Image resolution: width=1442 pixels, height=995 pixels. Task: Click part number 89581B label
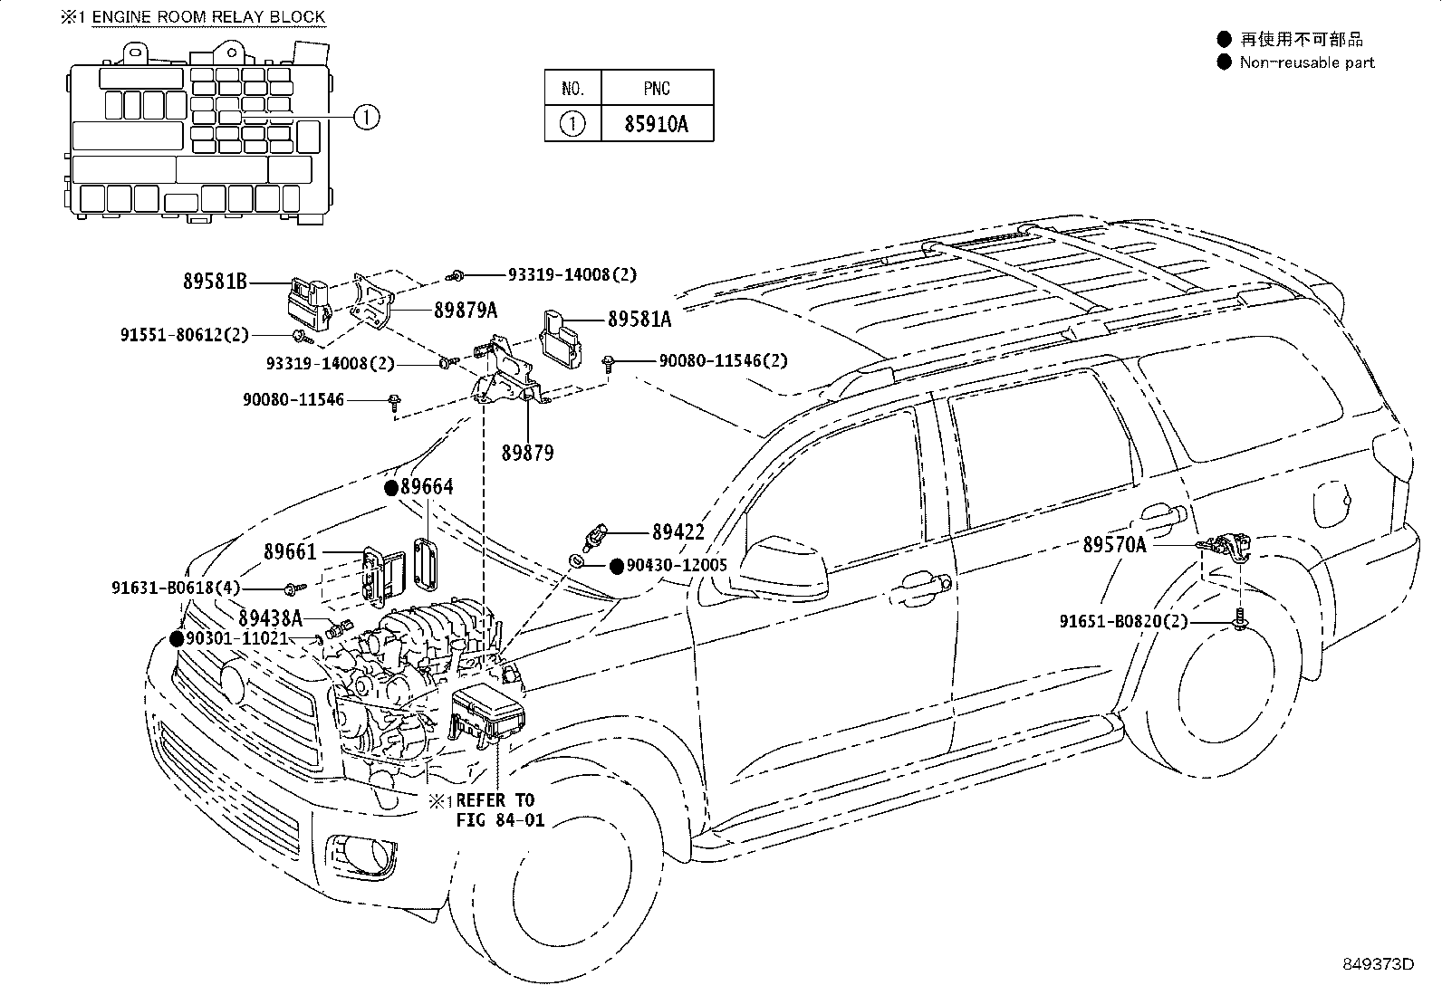[x=215, y=282]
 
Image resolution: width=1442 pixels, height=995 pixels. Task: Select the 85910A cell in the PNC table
[x=656, y=124]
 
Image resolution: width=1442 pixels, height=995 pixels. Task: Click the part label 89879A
[x=466, y=310]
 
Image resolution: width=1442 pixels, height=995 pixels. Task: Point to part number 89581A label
[x=639, y=319]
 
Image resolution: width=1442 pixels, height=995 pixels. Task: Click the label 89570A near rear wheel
[x=1114, y=544]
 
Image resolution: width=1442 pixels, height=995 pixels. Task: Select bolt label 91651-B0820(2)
[x=1123, y=621]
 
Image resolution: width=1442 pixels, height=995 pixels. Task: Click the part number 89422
[x=678, y=532]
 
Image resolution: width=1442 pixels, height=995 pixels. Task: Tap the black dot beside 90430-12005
[x=616, y=566]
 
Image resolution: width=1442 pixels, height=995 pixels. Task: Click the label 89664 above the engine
[x=427, y=487]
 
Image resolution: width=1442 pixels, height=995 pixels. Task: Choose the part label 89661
[x=290, y=551]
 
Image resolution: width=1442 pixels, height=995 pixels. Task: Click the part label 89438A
[x=271, y=618]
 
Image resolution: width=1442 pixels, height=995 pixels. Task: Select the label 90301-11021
[x=236, y=638]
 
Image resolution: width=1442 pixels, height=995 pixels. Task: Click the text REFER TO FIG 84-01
[x=495, y=810]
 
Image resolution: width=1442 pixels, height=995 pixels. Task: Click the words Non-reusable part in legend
[x=1306, y=62]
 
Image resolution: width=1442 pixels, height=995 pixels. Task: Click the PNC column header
[x=657, y=88]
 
